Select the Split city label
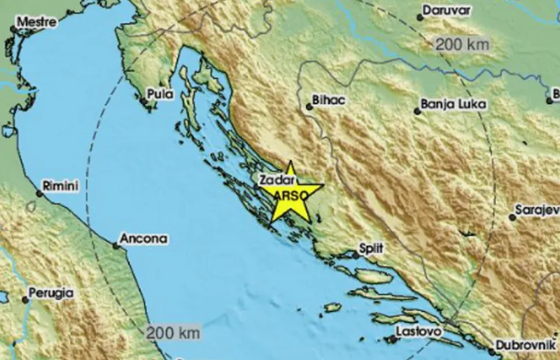(372, 248)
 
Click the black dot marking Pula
(143, 100)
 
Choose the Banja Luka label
(453, 104)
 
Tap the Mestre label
(36, 22)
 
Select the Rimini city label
(61, 186)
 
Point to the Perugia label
(52, 293)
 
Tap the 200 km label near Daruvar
(462, 45)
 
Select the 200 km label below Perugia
(174, 334)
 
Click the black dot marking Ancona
(116, 246)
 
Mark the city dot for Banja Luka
(417, 111)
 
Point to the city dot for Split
(356, 255)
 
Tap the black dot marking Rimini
(39, 194)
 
